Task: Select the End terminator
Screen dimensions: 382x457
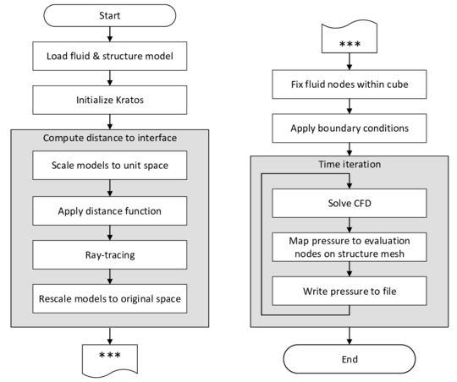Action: (x=350, y=359)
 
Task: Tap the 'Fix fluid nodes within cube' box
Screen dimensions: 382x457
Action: (x=350, y=85)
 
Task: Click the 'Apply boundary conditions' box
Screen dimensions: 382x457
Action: (x=350, y=128)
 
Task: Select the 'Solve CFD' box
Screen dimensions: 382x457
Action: (x=350, y=204)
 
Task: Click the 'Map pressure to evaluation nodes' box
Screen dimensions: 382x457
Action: (x=350, y=247)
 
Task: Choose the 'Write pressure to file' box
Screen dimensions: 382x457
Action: (x=350, y=292)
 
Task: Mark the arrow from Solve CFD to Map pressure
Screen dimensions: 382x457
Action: (x=350, y=225)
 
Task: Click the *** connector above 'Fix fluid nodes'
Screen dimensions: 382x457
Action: (x=350, y=39)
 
